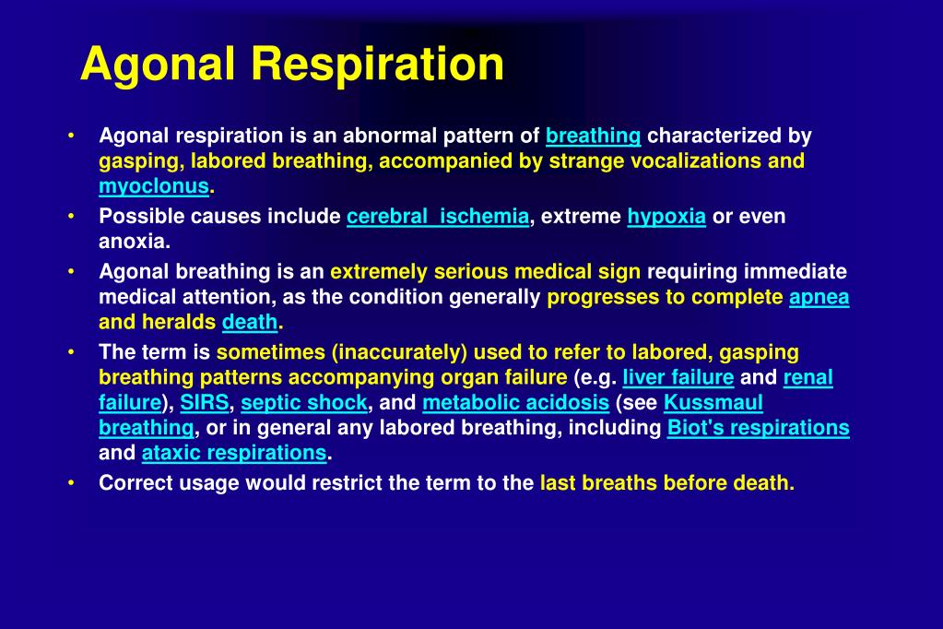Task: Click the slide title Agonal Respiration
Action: click(291, 65)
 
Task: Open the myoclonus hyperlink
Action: click(154, 186)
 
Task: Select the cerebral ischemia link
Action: click(438, 217)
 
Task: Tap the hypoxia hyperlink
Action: click(666, 217)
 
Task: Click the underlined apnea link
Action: click(819, 297)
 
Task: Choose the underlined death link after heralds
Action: click(250, 323)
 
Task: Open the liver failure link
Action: click(678, 377)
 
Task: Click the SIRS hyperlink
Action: click(205, 403)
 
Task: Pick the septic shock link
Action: click(304, 403)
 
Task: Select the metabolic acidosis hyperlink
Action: click(515, 403)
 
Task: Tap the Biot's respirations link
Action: click(758, 428)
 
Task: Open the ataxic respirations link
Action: click(234, 454)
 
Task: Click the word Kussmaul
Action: click(713, 403)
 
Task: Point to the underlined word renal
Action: click(807, 377)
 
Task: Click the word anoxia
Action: click(135, 242)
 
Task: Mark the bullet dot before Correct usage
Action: click(72, 482)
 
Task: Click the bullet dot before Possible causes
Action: click(72, 217)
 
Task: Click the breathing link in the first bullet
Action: click(593, 136)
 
